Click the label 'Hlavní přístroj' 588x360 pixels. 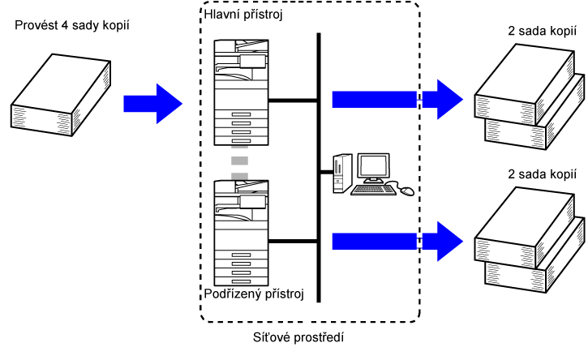pyautogui.click(x=242, y=15)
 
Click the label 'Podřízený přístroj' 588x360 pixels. pyautogui.click(x=254, y=294)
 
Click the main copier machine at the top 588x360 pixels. pyautogui.click(x=238, y=90)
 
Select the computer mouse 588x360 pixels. pyautogui.click(x=406, y=191)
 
